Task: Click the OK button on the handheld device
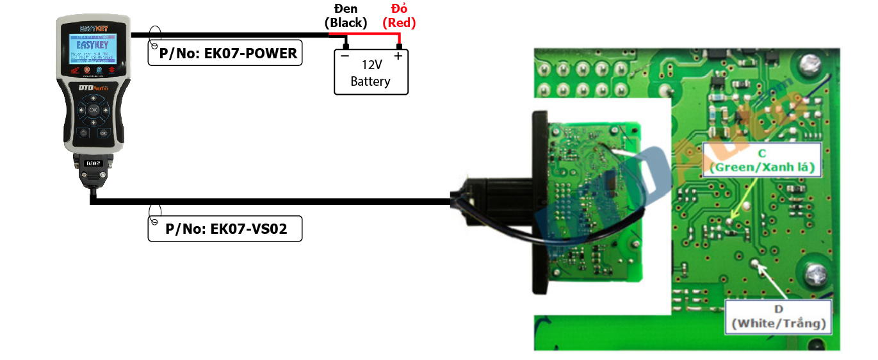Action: coord(93,110)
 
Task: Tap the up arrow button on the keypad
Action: coord(93,99)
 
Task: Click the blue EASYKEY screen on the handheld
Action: coord(93,50)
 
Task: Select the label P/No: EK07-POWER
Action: coord(225,54)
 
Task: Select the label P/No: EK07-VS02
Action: coord(225,229)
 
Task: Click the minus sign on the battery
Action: coord(345,56)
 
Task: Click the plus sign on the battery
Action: coord(398,56)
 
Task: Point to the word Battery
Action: coord(370,81)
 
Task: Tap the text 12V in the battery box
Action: coord(371,65)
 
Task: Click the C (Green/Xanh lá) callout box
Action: coord(761,160)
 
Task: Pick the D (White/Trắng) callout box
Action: coord(778,316)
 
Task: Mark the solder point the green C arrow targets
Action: coord(731,222)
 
